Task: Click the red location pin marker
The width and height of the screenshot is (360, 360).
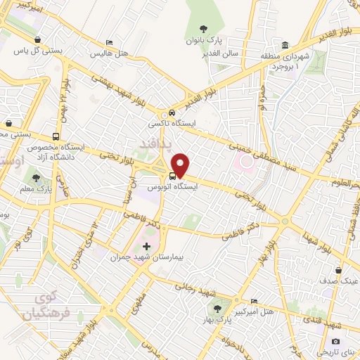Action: tap(181, 165)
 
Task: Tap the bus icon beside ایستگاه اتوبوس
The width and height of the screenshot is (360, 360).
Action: tap(172, 176)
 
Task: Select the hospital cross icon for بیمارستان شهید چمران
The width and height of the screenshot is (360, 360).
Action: tap(147, 247)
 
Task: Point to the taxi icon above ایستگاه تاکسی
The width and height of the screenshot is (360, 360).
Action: tap(171, 113)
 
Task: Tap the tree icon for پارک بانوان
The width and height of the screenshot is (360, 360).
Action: tap(204, 29)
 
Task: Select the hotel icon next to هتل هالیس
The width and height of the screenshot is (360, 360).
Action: tap(109, 43)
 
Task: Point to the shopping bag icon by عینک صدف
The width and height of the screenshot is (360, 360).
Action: tap(339, 270)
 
